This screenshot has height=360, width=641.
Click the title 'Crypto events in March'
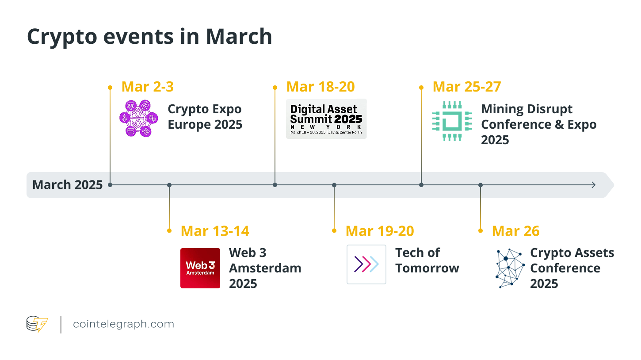click(x=149, y=37)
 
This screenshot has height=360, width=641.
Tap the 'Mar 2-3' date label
click(x=147, y=87)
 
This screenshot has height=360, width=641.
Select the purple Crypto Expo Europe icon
click(x=139, y=118)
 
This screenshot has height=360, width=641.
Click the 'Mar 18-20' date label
click(x=320, y=87)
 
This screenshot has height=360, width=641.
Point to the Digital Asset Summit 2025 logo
click(x=326, y=119)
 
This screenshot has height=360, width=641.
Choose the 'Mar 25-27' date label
click(x=467, y=87)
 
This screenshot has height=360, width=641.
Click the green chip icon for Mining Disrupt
click(x=452, y=121)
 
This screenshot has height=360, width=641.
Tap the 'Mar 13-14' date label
click(x=215, y=231)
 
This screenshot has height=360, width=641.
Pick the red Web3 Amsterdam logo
click(x=200, y=268)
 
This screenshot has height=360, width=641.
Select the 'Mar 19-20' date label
click(x=380, y=231)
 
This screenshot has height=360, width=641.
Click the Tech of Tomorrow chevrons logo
click(x=366, y=264)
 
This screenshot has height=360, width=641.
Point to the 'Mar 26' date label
click(x=515, y=231)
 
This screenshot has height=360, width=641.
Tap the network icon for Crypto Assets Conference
click(x=510, y=268)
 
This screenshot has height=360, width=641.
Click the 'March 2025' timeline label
click(x=67, y=185)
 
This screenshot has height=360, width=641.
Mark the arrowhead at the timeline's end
click(x=594, y=185)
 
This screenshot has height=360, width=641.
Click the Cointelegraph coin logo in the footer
click(x=37, y=324)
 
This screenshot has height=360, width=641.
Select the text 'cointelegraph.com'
click(x=123, y=324)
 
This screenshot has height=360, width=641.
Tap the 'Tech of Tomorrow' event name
click(x=427, y=260)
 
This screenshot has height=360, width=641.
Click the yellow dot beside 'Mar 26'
click(x=481, y=231)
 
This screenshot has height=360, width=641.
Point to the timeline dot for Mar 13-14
click(x=169, y=185)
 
